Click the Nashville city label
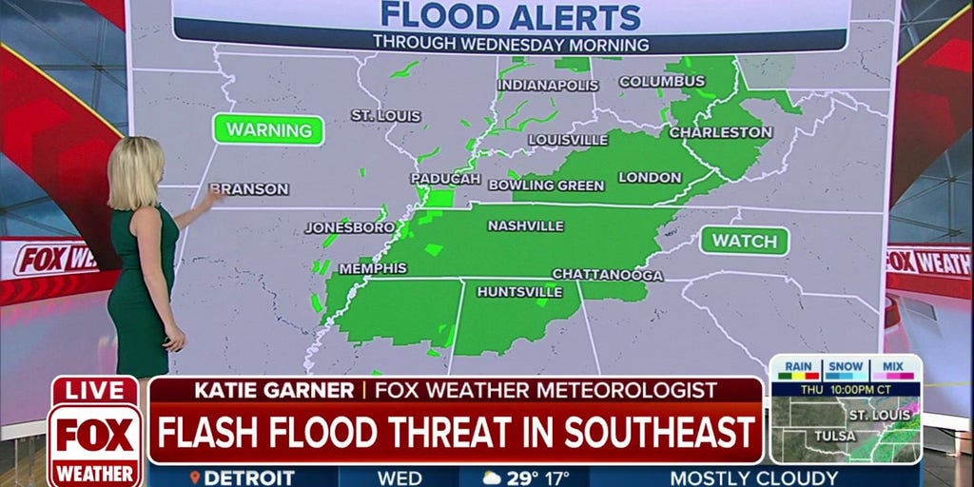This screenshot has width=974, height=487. tap(525, 226)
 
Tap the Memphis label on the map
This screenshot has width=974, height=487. tap(373, 268)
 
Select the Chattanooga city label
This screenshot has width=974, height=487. tap(607, 275)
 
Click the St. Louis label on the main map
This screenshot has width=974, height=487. tap(385, 115)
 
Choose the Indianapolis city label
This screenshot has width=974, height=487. tap(548, 86)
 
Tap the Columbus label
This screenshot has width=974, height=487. tap(662, 82)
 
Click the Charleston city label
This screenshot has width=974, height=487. tap(720, 132)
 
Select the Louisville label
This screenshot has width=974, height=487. tap(568, 140)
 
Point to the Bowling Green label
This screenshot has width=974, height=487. tap(546, 185)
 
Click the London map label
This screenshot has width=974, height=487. tap(650, 178)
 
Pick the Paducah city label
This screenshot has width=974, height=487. tap(445, 179)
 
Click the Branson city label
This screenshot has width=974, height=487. tap(248, 189)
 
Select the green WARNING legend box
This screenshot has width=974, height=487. tap(268, 129)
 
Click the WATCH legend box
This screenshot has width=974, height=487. tap(745, 242)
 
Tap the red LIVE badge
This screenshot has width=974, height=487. tap(94, 390)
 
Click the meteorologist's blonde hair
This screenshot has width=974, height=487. tap(135, 171)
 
